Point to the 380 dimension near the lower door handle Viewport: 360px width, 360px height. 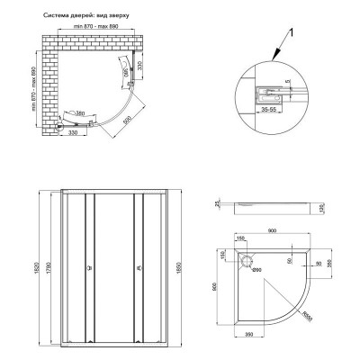click(x=82, y=114)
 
